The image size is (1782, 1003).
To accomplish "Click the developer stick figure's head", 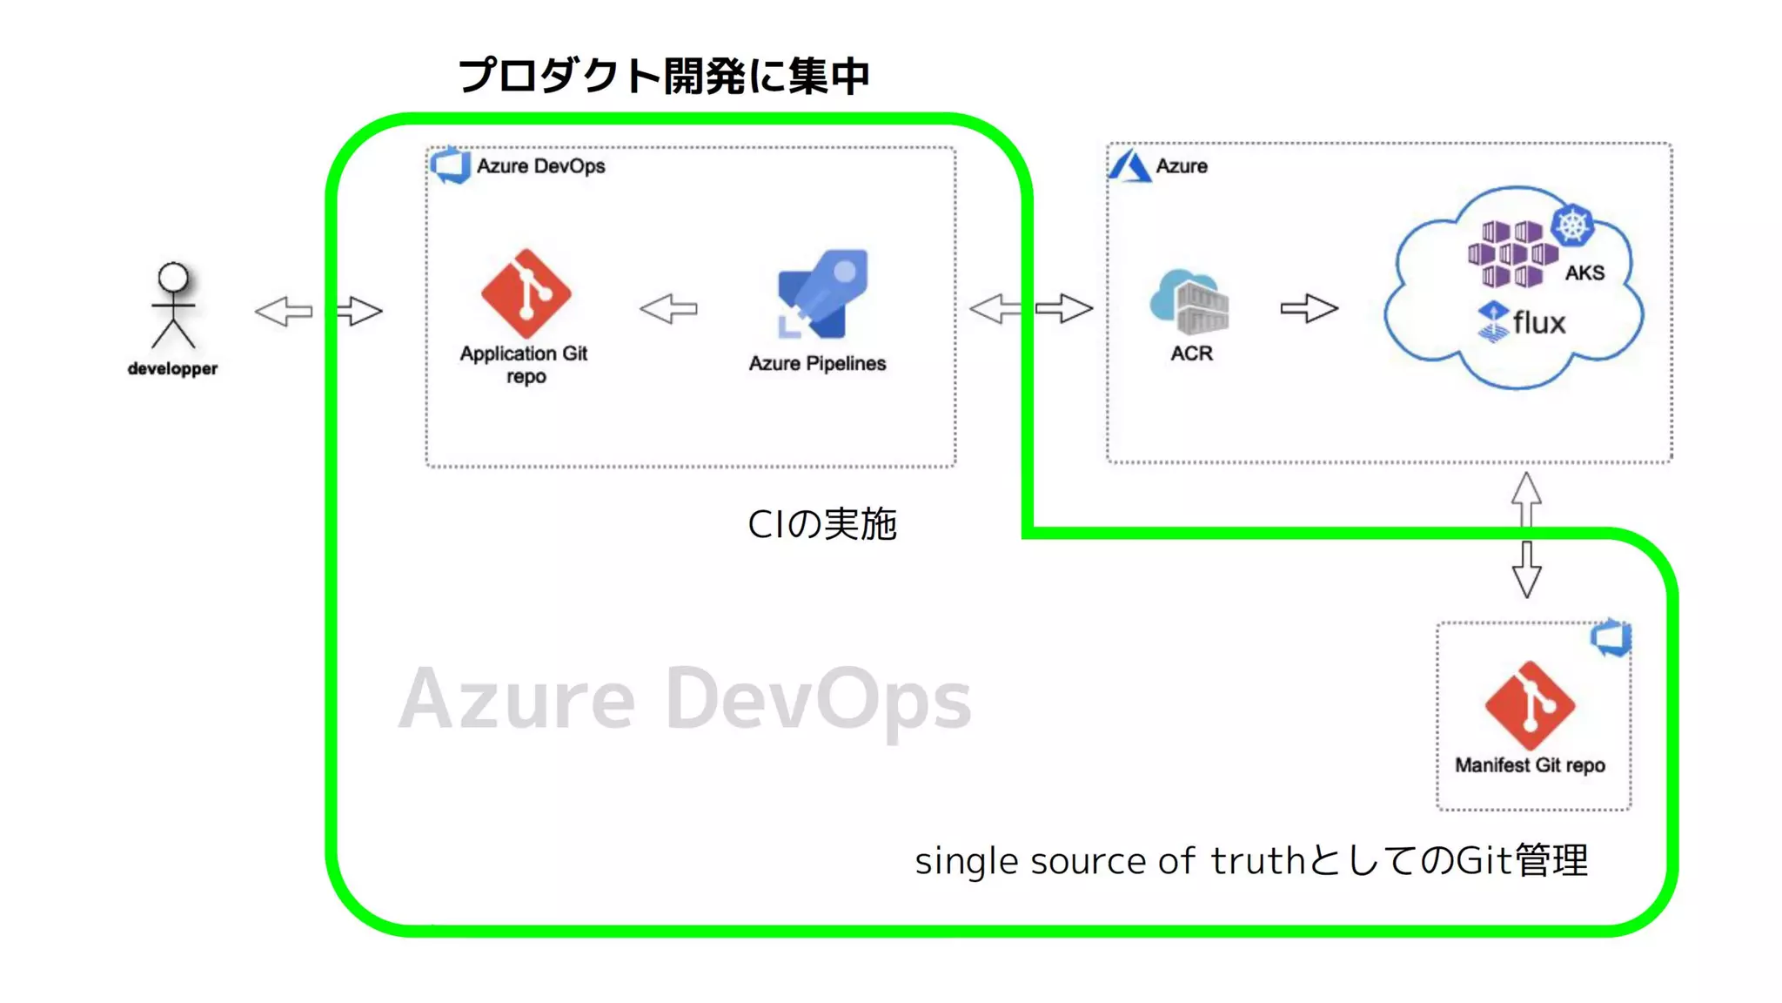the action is click(x=173, y=277).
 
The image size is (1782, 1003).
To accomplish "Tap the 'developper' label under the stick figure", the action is click(x=172, y=369).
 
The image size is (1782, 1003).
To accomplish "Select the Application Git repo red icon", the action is click(x=526, y=293).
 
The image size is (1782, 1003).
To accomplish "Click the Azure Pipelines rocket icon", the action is click(x=822, y=294).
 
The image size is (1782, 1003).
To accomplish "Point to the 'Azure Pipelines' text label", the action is click(x=817, y=364).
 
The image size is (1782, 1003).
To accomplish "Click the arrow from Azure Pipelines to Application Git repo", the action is click(x=668, y=308).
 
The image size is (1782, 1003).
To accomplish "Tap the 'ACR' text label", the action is click(x=1191, y=353).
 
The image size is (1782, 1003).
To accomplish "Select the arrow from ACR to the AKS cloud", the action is click(x=1309, y=308).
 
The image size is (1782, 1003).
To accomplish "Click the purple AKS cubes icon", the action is click(x=1512, y=253).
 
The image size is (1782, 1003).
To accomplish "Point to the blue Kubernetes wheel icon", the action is click(x=1572, y=226).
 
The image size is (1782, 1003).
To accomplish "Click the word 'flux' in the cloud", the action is click(x=1538, y=323).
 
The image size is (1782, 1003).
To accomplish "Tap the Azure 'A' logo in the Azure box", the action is click(x=1129, y=165).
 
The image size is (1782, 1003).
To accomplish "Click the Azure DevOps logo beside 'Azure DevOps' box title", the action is click(x=451, y=165).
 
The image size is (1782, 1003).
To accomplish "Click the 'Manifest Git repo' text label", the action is click(x=1530, y=765).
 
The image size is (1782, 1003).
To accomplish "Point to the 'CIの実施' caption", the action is click(x=821, y=524).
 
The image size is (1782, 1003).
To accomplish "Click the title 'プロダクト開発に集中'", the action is click(x=663, y=76).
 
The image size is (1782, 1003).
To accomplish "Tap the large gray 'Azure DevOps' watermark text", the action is click(x=685, y=699).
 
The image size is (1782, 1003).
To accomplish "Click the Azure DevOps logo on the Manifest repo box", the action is click(x=1611, y=637).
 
